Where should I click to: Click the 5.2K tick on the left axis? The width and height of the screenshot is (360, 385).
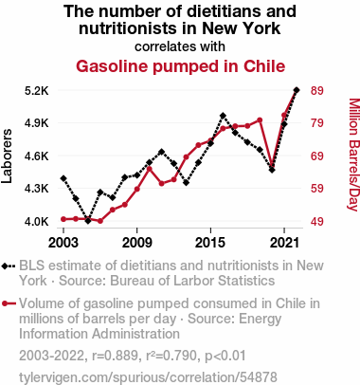pos(37,91)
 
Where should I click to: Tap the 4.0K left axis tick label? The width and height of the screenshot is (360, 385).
pos(37,222)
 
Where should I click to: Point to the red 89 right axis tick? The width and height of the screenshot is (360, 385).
pos(317,91)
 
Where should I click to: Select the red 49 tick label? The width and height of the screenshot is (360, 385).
pos(317,222)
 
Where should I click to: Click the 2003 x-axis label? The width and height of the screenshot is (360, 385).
pos(63,243)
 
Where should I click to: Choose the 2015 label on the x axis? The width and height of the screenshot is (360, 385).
pos(210,243)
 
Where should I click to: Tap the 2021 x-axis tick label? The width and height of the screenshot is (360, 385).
pos(284,243)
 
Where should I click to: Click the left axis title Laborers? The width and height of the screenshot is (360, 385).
pos(7,156)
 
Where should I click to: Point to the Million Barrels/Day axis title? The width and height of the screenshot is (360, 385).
pos(353,155)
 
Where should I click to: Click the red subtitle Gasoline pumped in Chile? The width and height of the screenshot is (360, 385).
pos(180,66)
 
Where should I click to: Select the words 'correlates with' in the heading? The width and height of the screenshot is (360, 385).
pos(180,46)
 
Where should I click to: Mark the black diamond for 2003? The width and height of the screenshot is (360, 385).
pos(63,178)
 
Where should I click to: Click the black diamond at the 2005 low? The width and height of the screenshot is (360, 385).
pos(88,220)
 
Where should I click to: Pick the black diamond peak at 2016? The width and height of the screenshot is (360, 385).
pos(223,116)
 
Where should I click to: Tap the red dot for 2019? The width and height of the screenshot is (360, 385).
pos(260,120)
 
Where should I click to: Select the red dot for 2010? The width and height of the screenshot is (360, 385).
pos(150,169)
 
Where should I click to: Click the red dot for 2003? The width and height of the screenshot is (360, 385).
pos(63,219)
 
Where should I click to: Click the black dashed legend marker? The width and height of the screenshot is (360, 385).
pos(9,266)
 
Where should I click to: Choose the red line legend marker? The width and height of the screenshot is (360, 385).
pos(9,303)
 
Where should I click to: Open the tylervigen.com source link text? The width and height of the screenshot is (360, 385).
pos(148,377)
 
